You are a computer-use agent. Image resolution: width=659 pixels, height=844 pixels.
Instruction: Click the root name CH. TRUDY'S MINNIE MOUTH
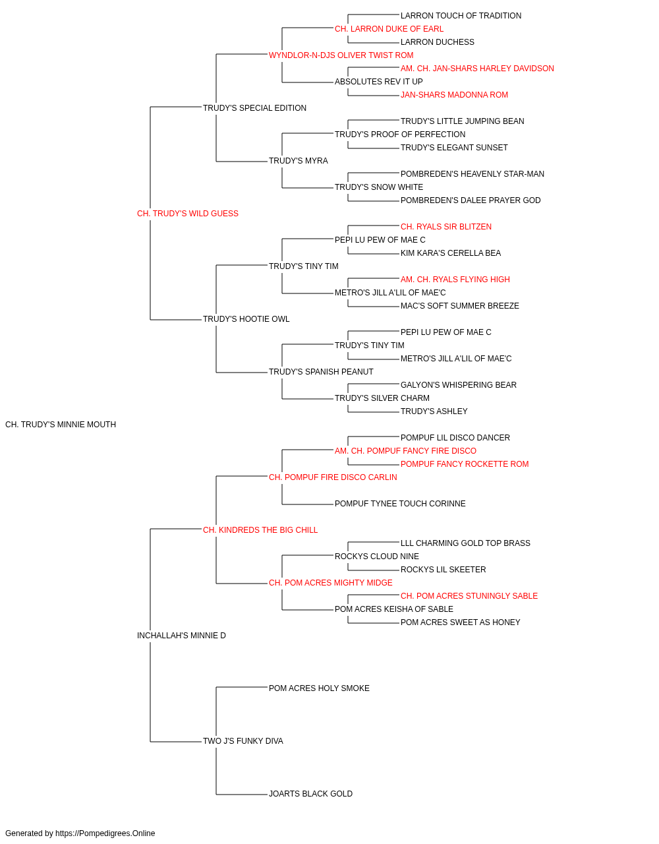[x=61, y=425]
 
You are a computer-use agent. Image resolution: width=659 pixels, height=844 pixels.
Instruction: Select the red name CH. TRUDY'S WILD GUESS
[x=187, y=214]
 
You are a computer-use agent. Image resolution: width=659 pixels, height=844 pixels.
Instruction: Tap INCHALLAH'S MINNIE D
[x=181, y=636]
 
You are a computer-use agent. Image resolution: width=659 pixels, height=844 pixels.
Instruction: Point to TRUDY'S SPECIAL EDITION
[x=254, y=108]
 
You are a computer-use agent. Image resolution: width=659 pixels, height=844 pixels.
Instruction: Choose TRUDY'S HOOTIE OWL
[x=246, y=319]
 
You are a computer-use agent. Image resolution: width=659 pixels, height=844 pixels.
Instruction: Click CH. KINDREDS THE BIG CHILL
[x=260, y=530]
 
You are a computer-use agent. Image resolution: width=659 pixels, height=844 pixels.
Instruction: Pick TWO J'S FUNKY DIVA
[x=243, y=741]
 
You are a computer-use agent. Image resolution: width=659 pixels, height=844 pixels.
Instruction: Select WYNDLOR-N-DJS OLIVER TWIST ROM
[x=341, y=55]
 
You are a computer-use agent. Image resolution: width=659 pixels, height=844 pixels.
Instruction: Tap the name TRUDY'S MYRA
[x=298, y=161]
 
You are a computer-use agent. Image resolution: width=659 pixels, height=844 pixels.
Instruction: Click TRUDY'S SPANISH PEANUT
[x=321, y=372]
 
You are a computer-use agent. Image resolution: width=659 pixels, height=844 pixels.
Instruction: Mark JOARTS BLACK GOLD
[x=310, y=794]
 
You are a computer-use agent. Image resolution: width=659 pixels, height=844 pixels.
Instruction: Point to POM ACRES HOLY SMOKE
[x=319, y=688]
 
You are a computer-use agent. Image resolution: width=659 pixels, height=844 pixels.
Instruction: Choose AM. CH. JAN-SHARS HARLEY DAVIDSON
[x=477, y=69]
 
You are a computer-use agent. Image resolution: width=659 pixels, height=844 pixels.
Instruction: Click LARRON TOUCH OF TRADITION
[x=461, y=16]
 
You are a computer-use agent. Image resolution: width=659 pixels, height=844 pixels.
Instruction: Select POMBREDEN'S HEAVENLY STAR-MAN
[x=473, y=174]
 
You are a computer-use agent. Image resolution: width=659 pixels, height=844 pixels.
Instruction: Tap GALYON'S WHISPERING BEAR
[x=459, y=385]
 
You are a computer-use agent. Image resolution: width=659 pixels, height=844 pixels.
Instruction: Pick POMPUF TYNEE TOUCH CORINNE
[x=400, y=504]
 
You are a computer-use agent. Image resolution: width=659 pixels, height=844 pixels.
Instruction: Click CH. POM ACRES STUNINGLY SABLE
[x=469, y=596]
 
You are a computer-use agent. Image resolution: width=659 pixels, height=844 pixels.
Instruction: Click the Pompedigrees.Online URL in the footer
[x=105, y=833]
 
